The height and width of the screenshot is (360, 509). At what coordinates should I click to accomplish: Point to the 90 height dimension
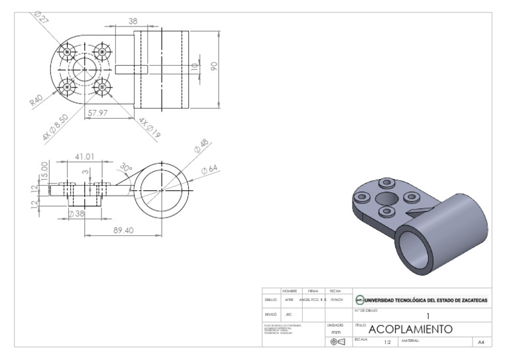(214, 66)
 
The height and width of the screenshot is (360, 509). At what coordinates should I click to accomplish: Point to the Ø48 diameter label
(202, 147)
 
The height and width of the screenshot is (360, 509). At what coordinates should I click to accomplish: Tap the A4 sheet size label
(481, 342)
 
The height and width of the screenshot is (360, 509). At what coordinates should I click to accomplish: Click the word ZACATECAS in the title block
(471, 300)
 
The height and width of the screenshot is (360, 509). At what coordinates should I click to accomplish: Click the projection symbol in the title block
(336, 342)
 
